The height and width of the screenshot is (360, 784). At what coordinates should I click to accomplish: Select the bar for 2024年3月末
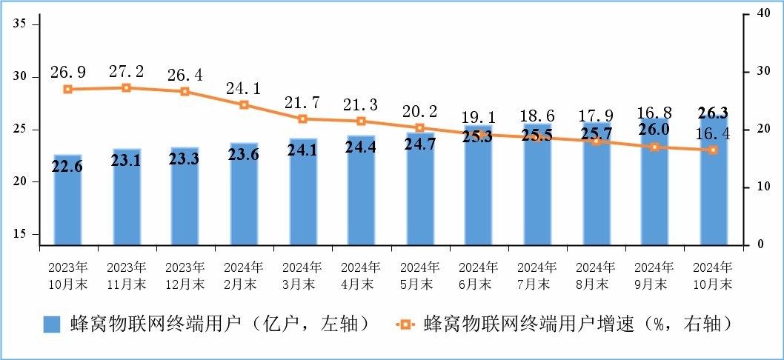(302, 192)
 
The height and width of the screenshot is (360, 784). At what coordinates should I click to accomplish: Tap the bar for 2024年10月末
(714, 181)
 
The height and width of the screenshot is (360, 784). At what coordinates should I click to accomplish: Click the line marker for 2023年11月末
(126, 87)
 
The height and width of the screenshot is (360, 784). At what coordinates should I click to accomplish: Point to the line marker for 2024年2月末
(244, 105)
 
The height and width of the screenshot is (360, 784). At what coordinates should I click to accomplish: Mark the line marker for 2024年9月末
(654, 147)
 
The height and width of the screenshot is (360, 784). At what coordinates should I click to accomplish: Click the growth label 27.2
(126, 72)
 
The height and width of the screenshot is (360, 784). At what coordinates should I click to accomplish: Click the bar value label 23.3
(185, 160)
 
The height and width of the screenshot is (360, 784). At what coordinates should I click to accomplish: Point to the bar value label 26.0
(654, 129)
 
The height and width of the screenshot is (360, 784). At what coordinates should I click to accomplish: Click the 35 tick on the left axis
(21, 24)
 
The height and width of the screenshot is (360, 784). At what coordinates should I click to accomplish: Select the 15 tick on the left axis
(21, 234)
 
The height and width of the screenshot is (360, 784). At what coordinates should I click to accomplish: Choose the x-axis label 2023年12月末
(185, 274)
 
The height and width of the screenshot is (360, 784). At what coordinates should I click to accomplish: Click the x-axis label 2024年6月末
(478, 274)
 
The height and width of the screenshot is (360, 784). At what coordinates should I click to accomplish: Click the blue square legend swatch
(52, 324)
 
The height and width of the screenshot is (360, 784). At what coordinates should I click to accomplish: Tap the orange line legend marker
(404, 324)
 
